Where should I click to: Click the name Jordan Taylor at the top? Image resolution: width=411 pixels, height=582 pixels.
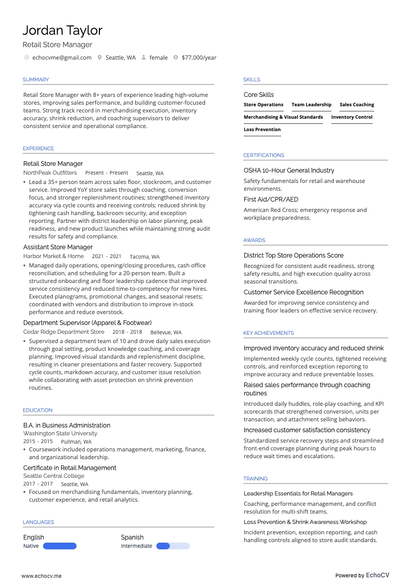[x=62, y=31]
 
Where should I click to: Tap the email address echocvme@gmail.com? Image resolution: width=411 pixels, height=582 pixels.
[x=62, y=58]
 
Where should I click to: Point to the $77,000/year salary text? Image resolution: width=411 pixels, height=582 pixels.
[x=199, y=58]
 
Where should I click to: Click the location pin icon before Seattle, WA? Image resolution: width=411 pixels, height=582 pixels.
[x=99, y=58]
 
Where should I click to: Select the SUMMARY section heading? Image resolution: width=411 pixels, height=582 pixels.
[x=36, y=80]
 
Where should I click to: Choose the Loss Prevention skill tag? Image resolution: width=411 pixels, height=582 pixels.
[x=262, y=130]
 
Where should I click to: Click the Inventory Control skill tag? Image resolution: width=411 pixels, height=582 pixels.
[x=352, y=117]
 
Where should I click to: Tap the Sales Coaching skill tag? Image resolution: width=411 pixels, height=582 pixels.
[x=357, y=105]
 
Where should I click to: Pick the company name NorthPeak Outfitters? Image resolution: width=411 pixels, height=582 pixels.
[x=50, y=173]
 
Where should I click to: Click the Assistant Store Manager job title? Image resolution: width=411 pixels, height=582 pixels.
[x=58, y=247]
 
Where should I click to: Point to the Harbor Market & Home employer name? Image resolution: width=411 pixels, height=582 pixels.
[x=53, y=256]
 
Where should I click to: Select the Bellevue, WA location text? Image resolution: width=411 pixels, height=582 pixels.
[x=166, y=332]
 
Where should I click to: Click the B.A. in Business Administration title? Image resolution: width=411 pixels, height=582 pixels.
[x=67, y=425]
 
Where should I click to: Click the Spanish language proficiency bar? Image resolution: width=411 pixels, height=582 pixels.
[x=173, y=546]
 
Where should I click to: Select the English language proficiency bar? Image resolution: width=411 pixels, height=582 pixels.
[x=60, y=546]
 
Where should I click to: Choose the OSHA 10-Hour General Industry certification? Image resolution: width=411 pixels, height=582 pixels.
[x=289, y=171]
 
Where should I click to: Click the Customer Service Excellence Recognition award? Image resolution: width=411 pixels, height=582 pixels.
[x=303, y=292]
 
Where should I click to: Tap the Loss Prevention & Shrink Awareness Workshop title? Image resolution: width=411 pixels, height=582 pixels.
[x=305, y=522]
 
